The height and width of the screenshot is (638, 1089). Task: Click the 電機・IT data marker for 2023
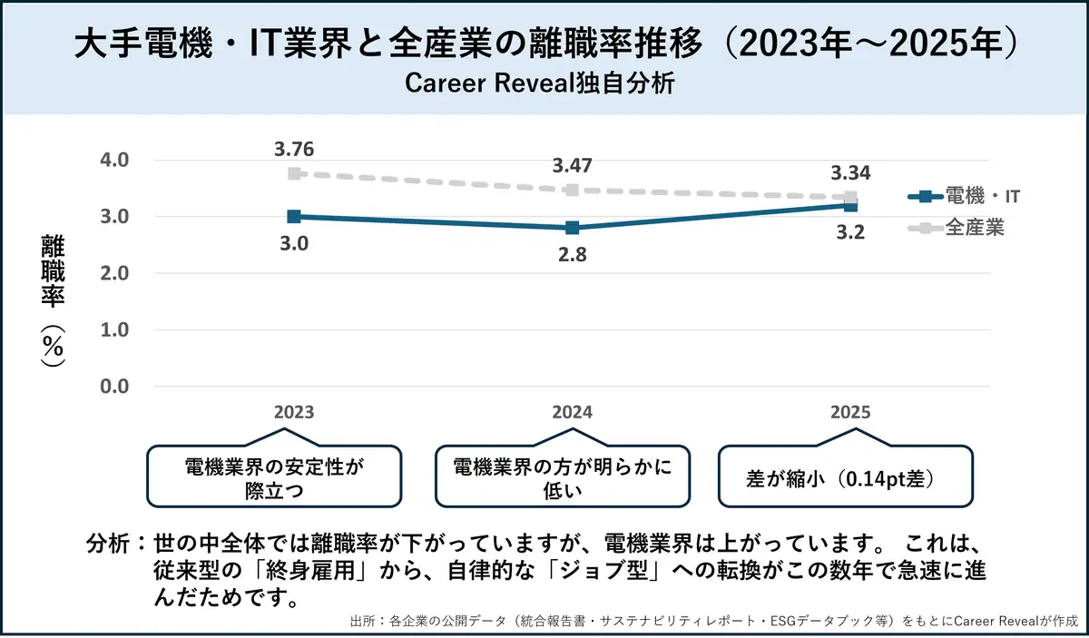pos(294,216)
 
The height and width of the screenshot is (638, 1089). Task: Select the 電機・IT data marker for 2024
pos(572,228)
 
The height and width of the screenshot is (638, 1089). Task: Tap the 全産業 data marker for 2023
pos(294,173)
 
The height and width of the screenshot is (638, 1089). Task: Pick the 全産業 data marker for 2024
pos(572,190)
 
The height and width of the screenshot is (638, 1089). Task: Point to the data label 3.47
pos(573,166)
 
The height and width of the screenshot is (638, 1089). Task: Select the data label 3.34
pos(850,173)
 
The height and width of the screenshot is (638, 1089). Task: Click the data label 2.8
pos(573,254)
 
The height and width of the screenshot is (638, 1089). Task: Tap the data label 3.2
pos(850,231)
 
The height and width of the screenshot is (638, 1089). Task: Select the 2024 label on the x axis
pos(573,412)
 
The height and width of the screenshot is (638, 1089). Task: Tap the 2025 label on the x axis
pos(850,412)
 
